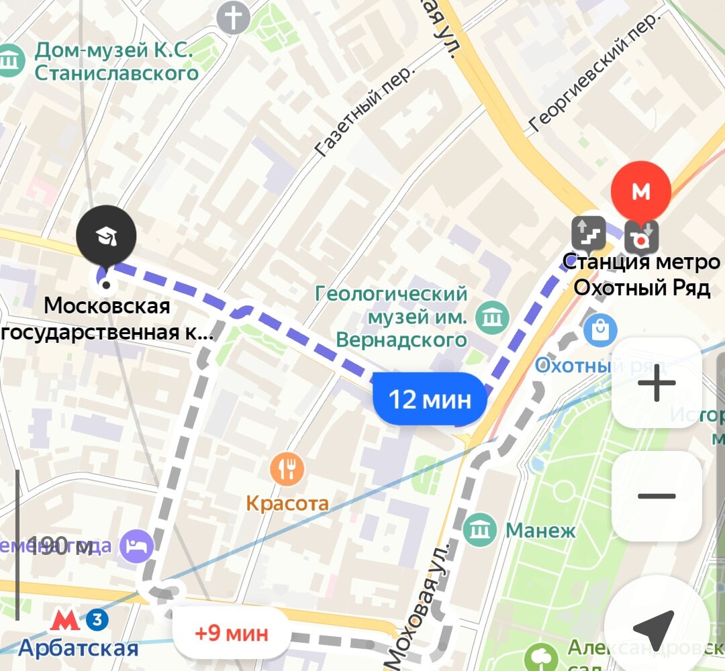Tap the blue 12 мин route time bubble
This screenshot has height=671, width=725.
click(x=430, y=400)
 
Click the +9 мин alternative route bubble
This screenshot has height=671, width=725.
click(x=231, y=632)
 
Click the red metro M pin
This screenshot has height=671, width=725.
click(x=641, y=192)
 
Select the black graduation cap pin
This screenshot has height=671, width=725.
click(x=105, y=236)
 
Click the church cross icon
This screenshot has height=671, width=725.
click(x=233, y=19)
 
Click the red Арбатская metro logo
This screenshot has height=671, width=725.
click(x=65, y=620)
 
